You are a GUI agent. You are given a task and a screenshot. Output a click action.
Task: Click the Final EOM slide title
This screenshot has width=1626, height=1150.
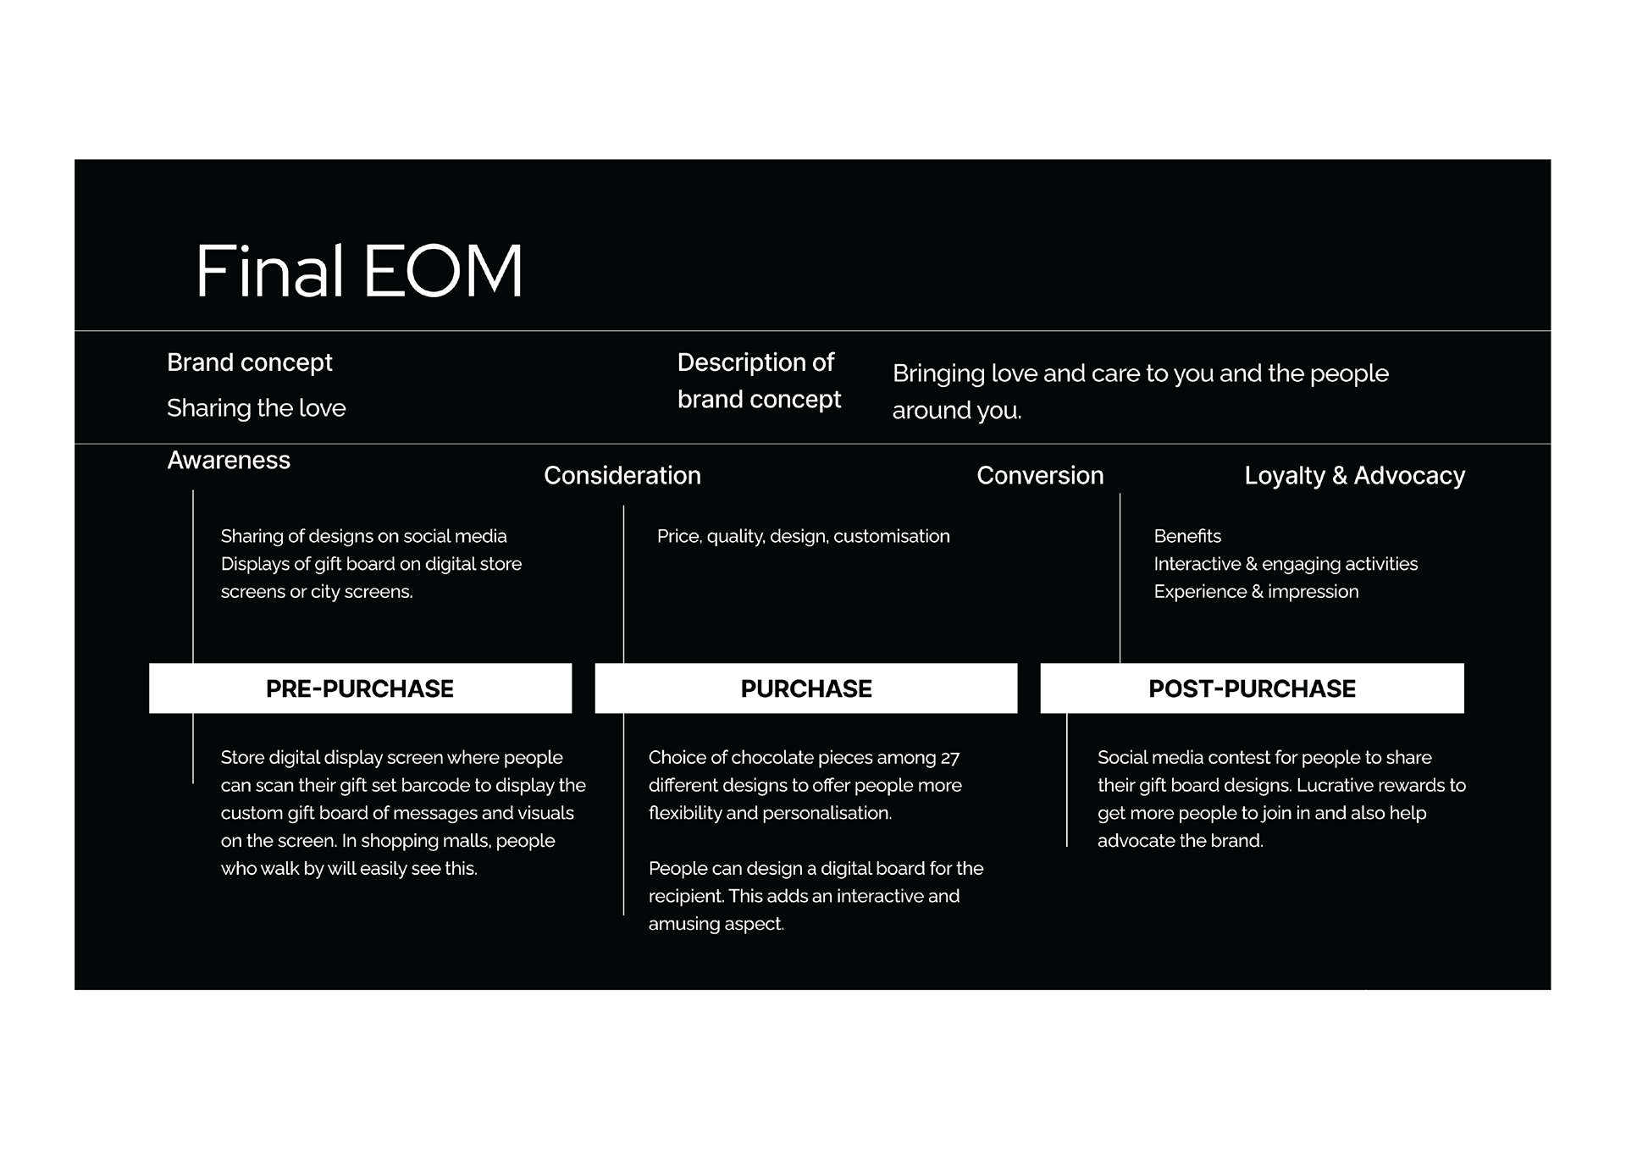pyautogui.click(x=359, y=271)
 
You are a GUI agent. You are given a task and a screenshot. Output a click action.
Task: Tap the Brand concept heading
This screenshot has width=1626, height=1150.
pyautogui.click(x=250, y=362)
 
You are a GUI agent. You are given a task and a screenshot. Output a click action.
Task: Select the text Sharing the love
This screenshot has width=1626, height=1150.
pyautogui.click(x=257, y=408)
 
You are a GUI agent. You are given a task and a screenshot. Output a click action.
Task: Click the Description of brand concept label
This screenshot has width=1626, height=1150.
pyautogui.click(x=759, y=381)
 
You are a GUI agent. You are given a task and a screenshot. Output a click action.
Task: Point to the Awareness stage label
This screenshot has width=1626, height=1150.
pyautogui.click(x=229, y=460)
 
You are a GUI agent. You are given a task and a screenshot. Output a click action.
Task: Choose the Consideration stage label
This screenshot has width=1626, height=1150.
pyautogui.click(x=622, y=475)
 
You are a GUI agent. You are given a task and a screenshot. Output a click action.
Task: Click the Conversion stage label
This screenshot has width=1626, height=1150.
pyautogui.click(x=1040, y=475)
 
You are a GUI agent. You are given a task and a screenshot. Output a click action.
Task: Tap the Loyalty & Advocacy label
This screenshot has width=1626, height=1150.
pyautogui.click(x=1354, y=476)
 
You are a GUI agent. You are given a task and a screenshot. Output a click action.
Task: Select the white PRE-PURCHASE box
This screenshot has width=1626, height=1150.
pyautogui.click(x=361, y=688)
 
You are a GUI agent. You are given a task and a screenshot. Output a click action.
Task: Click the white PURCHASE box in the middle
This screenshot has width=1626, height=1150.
pyautogui.click(x=806, y=688)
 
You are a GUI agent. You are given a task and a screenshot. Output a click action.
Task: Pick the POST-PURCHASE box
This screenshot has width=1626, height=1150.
pyautogui.click(x=1252, y=688)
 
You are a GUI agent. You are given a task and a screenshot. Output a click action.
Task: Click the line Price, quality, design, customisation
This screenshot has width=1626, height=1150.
pyautogui.click(x=804, y=536)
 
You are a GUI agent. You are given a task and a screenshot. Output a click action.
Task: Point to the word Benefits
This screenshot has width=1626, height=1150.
pyautogui.click(x=1187, y=536)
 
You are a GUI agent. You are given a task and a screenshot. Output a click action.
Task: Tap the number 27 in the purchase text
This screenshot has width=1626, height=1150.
pyautogui.click(x=950, y=758)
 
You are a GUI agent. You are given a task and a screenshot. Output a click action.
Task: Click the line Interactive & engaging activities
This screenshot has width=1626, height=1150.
pyautogui.click(x=1286, y=564)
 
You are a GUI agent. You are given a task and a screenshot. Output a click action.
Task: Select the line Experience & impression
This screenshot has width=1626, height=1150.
pyautogui.click(x=1256, y=592)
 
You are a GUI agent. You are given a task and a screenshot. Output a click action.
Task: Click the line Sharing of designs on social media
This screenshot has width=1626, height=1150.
pyautogui.click(x=364, y=536)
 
